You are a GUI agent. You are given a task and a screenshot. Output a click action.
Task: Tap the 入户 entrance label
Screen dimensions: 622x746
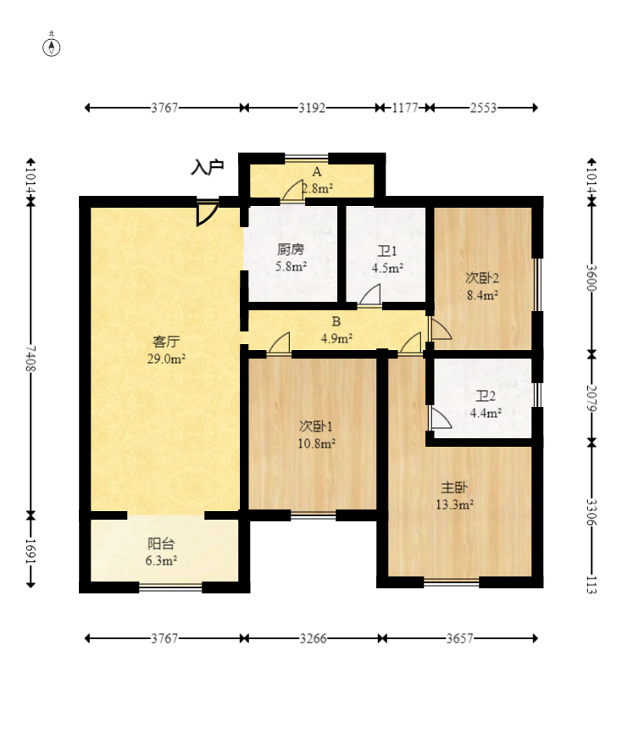208,168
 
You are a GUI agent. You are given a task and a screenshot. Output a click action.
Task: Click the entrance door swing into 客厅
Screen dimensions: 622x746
207,213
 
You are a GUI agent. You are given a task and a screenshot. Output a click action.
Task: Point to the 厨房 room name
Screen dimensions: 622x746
291,249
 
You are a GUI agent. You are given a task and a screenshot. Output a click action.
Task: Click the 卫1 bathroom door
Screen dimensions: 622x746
369,295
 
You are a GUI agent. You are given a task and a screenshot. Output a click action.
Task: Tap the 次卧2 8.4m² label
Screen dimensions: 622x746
482,286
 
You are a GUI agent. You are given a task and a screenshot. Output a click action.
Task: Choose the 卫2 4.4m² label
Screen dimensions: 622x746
486,404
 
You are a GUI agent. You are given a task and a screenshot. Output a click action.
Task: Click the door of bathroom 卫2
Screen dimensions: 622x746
440,417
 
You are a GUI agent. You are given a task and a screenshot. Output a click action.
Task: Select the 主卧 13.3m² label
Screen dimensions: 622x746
454,495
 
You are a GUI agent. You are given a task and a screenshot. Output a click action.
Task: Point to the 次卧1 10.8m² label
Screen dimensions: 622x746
317,434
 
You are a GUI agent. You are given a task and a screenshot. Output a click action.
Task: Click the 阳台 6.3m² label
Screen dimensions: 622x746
161,551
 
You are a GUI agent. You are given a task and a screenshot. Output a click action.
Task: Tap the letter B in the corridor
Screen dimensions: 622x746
336,321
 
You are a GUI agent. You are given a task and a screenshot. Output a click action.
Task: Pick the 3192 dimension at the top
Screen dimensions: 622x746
312,108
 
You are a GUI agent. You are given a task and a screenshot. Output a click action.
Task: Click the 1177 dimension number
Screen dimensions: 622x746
405,108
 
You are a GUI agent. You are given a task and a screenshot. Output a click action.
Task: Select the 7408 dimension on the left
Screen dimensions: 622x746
31,359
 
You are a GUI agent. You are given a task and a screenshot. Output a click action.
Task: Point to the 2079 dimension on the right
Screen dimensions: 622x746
591,398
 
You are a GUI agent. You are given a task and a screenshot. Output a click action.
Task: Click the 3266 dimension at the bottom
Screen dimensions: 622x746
313,638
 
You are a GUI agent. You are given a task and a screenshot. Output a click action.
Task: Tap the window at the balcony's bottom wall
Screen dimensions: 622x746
170,587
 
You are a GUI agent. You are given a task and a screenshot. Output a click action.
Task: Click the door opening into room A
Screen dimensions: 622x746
292,191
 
